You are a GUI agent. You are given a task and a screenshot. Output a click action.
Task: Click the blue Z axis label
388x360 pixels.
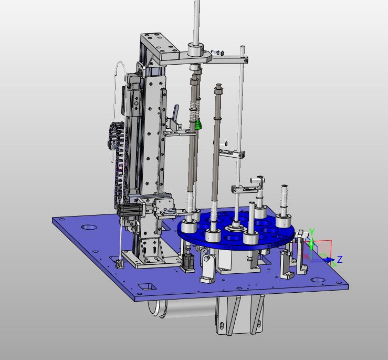pyautogui.click(x=340, y=260)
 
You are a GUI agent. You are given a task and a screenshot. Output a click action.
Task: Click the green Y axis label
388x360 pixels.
pyautogui.click(x=312, y=232)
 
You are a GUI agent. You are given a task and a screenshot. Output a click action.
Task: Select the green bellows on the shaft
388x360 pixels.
pyautogui.click(x=198, y=125)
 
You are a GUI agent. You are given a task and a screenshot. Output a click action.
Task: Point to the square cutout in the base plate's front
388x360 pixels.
pyautogui.click(x=148, y=286)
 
